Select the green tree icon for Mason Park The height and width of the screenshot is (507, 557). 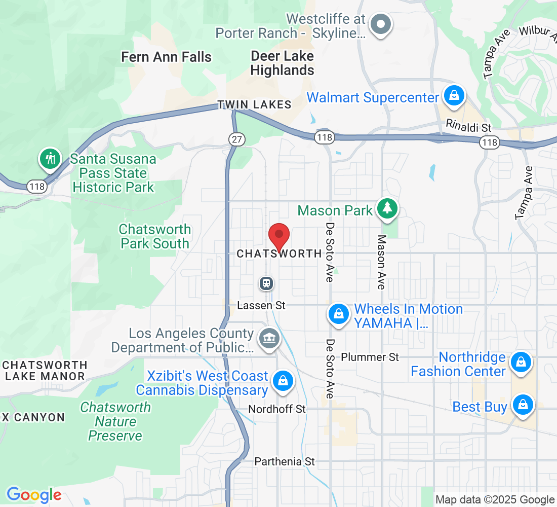coord(387,208)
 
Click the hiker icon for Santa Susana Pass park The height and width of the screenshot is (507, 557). coord(50,158)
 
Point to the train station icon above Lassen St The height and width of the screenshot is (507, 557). coord(266,283)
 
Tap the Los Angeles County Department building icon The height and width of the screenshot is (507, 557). coord(269,338)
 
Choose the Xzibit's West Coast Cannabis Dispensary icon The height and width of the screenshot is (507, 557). coord(282,381)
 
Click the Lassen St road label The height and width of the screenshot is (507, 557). coord(262,306)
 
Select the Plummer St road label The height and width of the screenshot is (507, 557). coord(370,357)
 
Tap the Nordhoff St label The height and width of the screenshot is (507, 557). coord(277,409)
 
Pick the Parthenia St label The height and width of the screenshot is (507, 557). coord(285,461)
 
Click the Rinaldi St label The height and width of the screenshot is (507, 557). coord(468,125)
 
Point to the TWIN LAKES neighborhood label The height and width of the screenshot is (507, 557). coord(254,105)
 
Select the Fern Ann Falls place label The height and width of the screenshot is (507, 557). coord(166,57)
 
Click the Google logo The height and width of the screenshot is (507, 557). coord(34,495)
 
